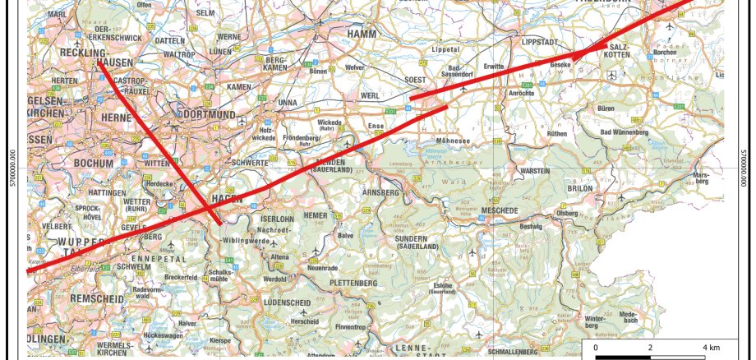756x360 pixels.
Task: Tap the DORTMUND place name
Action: [206, 114]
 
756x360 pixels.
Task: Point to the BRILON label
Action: [579, 187]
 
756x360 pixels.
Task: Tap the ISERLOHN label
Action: [276, 219]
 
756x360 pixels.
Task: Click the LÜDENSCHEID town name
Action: [285, 303]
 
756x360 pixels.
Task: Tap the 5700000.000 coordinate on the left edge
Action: [12, 168]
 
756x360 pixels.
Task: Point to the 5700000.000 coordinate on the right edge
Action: [744, 168]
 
